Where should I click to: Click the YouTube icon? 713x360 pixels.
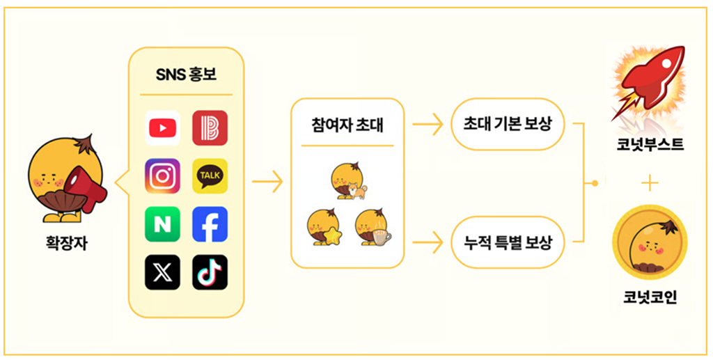point(162,128)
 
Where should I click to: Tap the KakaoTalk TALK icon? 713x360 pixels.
point(210,176)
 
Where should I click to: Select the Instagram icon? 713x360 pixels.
point(162,176)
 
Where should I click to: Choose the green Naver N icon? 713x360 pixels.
point(162,224)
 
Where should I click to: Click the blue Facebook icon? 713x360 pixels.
point(210,224)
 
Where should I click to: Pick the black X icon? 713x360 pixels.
point(162,272)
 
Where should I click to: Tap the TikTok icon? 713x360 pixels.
point(210,272)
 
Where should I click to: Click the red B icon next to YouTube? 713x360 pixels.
point(210,128)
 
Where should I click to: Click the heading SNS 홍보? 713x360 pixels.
point(186,75)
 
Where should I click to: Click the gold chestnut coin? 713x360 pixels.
point(650,241)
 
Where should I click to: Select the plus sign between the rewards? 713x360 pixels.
point(650,183)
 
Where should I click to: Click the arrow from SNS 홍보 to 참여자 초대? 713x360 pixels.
point(267,183)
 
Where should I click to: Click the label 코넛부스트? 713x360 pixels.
point(650,146)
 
